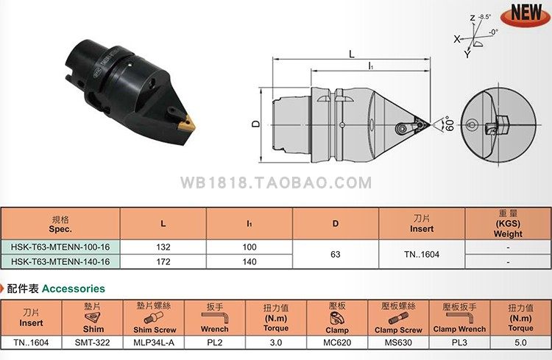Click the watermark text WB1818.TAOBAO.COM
coord(275,182)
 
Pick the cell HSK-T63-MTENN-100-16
coord(60,247)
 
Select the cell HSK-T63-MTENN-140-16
coord(60,261)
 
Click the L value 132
coord(163,247)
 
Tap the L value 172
coord(163,261)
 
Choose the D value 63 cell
coord(336,255)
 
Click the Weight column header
coord(508,223)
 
